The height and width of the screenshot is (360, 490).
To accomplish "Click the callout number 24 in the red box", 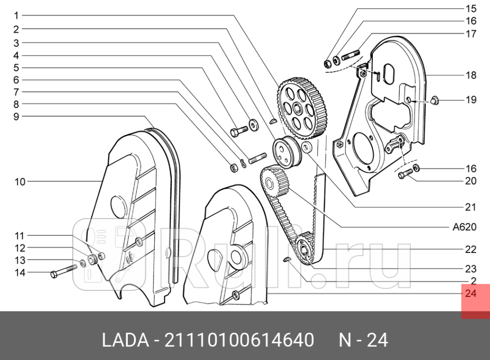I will [x=470, y=293].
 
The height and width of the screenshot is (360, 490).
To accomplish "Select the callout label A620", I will [x=464, y=227].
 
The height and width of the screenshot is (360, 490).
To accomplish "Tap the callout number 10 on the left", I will [x=20, y=182].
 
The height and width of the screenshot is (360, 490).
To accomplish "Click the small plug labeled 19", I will [x=437, y=100].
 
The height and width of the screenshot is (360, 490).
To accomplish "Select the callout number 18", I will [x=471, y=75].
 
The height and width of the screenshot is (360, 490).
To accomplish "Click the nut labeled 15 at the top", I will [x=327, y=63].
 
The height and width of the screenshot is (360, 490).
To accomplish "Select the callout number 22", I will [x=470, y=249].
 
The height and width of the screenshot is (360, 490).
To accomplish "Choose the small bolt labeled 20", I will [x=404, y=175].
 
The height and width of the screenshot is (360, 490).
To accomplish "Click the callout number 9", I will [x=16, y=117].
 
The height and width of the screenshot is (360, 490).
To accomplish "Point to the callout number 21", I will [x=470, y=207].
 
